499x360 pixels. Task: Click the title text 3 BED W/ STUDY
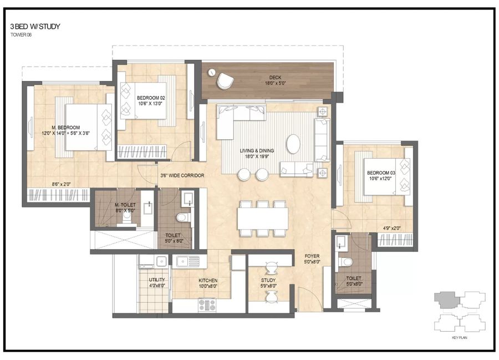point(34,26)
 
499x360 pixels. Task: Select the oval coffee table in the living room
point(294,144)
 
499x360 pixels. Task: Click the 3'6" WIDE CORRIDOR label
point(181,176)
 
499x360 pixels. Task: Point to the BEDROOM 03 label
point(381,177)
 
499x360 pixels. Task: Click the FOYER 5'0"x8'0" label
point(312,259)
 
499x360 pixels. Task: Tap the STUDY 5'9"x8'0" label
point(268,283)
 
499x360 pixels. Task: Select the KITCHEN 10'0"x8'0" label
point(208,283)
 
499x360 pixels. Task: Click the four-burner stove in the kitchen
point(207,304)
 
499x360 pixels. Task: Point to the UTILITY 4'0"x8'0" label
point(156,283)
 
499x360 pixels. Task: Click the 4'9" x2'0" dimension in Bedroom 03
point(392,228)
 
